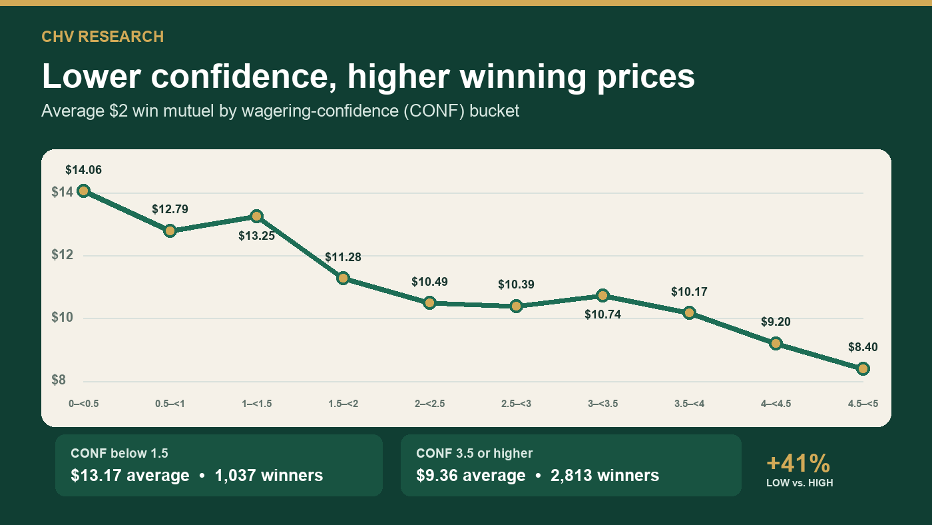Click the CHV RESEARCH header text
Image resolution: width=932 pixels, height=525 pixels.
tap(103, 37)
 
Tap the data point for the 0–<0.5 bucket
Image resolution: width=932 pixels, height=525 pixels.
tap(84, 191)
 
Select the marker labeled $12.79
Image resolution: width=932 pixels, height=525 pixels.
tap(170, 231)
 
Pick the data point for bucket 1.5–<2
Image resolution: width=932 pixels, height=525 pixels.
tap(344, 278)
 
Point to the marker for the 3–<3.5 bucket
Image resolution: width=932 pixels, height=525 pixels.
tap(602, 296)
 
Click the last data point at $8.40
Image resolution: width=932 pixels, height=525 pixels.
tap(863, 369)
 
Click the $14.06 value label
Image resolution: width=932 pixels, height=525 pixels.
tap(84, 170)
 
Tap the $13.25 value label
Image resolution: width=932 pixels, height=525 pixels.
tap(257, 236)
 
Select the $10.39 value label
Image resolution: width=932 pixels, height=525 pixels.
tap(516, 284)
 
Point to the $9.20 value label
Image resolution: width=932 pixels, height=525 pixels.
tap(776, 322)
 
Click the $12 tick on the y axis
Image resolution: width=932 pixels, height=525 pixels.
tap(62, 255)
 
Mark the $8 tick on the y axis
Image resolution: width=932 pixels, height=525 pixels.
tap(59, 380)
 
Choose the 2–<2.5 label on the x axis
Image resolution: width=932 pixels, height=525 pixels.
tap(430, 404)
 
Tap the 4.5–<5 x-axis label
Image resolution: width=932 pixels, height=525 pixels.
tap(863, 404)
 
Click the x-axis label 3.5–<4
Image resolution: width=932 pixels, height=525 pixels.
tap(690, 404)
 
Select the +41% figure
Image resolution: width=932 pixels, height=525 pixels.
tap(798, 464)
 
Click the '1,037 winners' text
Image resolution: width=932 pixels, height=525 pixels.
tap(269, 476)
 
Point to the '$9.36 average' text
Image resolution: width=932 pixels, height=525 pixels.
tap(471, 476)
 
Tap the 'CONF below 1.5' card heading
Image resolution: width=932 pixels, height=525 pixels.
tap(119, 453)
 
